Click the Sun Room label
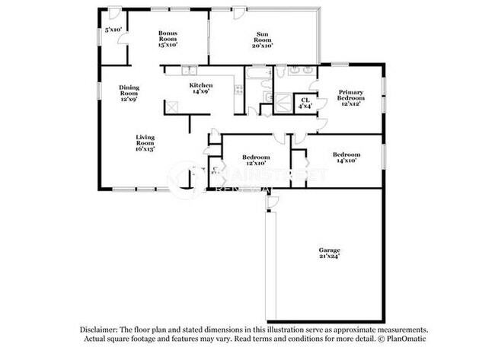(262, 35)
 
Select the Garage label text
(330, 250)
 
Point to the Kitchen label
(201, 85)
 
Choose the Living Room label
(145, 140)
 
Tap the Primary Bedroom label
(351, 95)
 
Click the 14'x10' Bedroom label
(346, 155)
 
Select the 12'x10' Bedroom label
(254, 158)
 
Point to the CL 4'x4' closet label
(305, 100)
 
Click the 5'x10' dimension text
(113, 30)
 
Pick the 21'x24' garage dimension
(330, 256)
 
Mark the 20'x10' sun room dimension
(262, 45)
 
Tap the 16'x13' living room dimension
(145, 150)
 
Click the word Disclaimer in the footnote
(100, 330)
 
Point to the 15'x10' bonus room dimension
(168, 45)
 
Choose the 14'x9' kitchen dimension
(201, 92)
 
